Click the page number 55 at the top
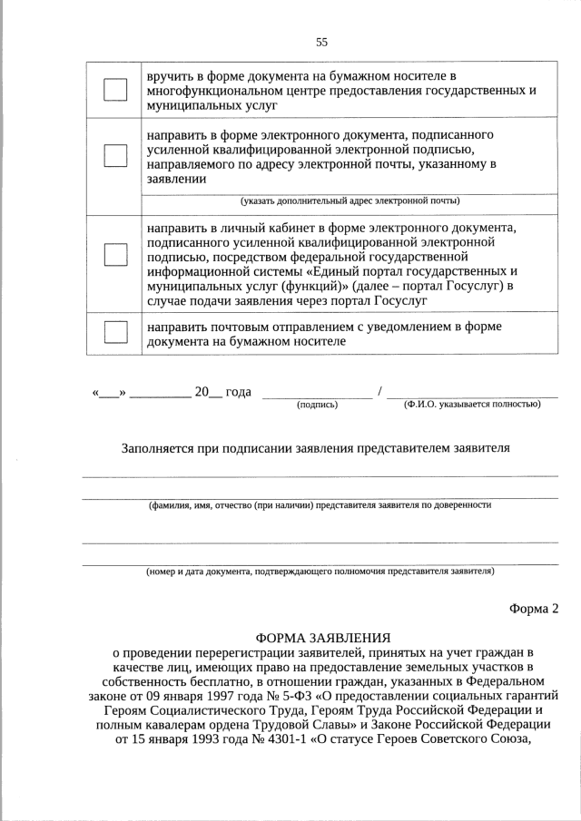(321, 42)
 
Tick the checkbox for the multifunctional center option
(115, 90)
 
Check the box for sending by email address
(115, 156)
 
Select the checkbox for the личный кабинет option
(115, 255)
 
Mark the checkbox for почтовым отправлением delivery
(115, 332)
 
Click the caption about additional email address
(350, 200)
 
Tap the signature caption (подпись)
(317, 405)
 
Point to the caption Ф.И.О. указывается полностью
(472, 405)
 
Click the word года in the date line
(238, 392)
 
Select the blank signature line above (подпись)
(317, 395)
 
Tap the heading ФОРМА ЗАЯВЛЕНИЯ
(323, 638)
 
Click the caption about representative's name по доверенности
(320, 504)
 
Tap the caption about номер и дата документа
(320, 572)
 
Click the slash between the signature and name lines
(380, 392)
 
